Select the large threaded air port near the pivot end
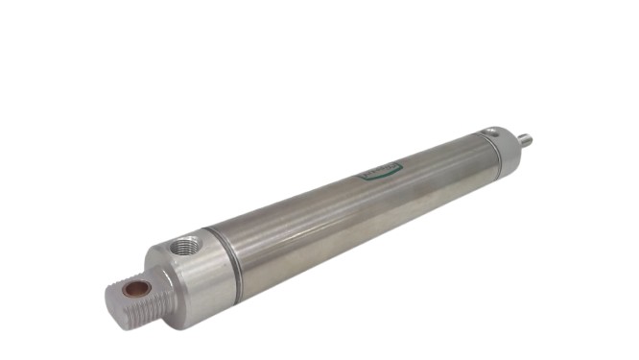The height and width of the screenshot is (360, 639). pyautogui.click(x=186, y=248)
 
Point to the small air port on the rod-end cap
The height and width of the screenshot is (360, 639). pyautogui.click(x=493, y=132)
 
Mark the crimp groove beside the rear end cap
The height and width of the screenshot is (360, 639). pyautogui.click(x=233, y=253)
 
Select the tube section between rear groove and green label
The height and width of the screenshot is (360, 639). pyautogui.click(x=297, y=221)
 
